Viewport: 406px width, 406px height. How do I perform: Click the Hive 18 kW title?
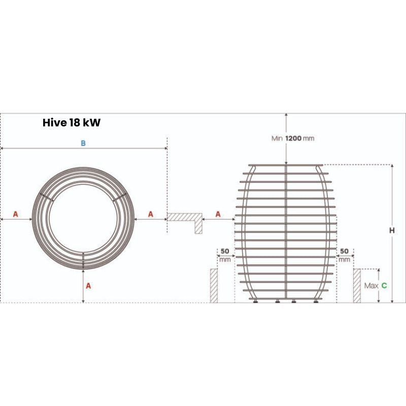[72, 122]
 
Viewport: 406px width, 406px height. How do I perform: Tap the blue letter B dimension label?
[83, 143]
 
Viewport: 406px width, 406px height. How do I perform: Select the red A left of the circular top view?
[16, 214]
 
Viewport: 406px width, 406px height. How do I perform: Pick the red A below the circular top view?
[88, 286]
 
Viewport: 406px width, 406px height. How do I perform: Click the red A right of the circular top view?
[150, 214]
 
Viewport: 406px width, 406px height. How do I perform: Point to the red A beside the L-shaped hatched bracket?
[218, 214]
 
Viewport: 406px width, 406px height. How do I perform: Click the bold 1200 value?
[293, 138]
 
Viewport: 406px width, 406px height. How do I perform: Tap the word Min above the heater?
[277, 138]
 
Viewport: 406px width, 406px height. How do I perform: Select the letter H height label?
[392, 230]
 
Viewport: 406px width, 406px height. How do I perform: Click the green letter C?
[384, 285]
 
